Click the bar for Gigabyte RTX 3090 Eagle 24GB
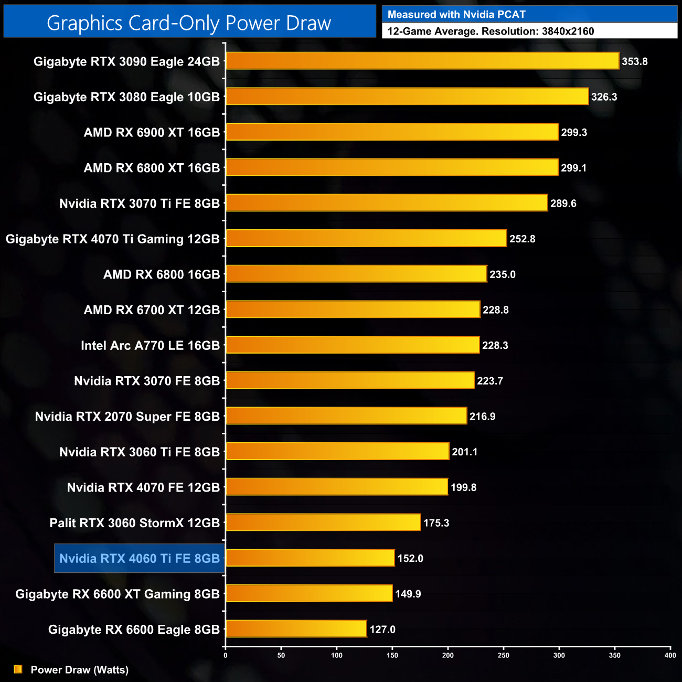[x=422, y=61]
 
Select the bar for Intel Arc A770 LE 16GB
[x=353, y=345]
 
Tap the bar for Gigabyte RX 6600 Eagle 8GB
[x=296, y=628]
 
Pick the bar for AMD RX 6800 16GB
[x=356, y=274]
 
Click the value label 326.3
[x=604, y=97]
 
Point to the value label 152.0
[x=410, y=558]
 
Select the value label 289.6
[x=563, y=204]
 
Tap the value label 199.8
[x=463, y=487]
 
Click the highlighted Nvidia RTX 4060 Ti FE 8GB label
[x=140, y=558]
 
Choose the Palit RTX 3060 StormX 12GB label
[x=134, y=523]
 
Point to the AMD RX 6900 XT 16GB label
[x=152, y=132]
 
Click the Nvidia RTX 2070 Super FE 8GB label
[x=127, y=417]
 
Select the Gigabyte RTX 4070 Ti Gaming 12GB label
[x=112, y=239]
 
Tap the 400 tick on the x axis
[x=670, y=655]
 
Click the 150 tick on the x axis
[x=392, y=655]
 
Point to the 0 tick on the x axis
[x=226, y=655]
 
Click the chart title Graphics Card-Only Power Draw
[x=189, y=23]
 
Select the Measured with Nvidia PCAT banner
[x=529, y=15]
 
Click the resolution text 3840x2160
[x=568, y=31]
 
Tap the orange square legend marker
[x=18, y=669]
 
